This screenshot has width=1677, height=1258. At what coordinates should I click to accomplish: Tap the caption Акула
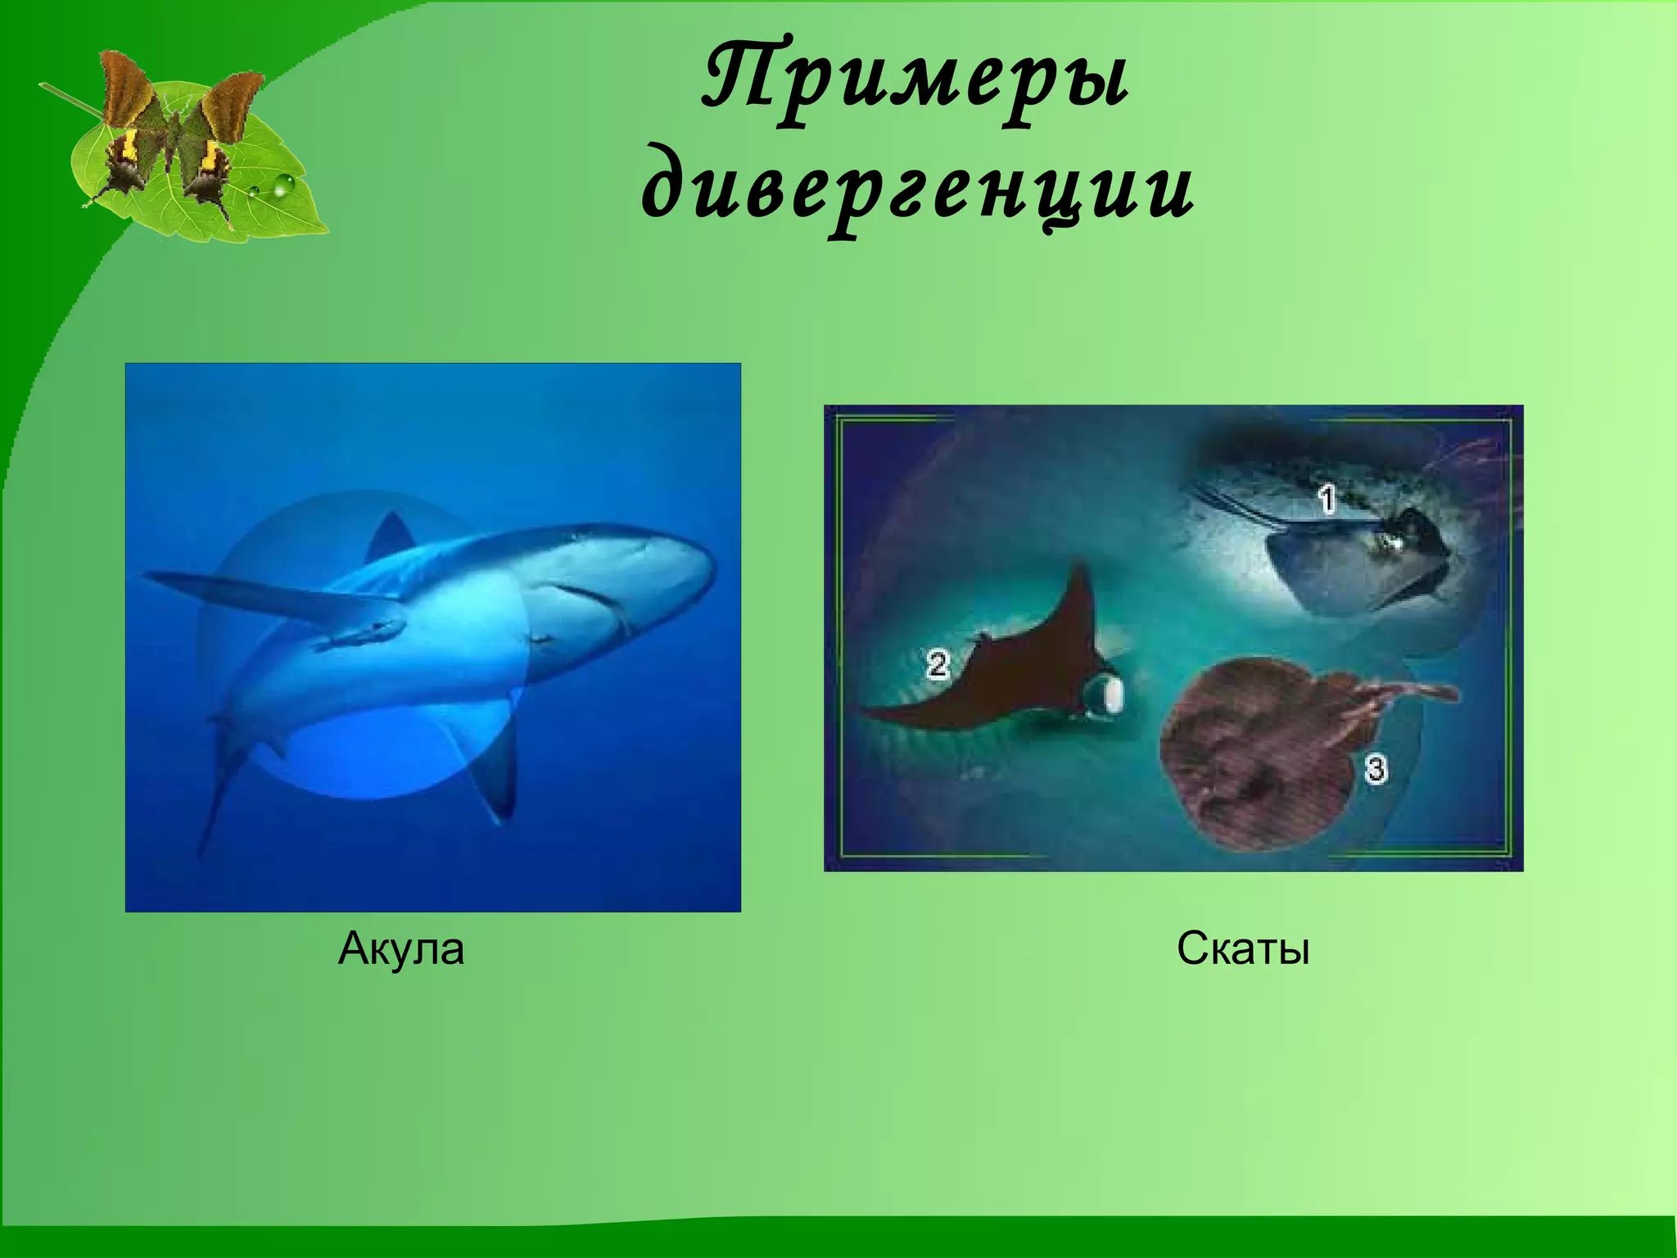point(400,949)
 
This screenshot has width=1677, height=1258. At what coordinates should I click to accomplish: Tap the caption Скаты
point(1243,949)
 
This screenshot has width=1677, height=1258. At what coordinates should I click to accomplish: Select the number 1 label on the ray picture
point(1327,499)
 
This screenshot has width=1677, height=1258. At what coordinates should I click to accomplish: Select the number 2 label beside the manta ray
point(937,664)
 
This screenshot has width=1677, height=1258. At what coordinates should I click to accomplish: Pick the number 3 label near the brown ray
point(1376,769)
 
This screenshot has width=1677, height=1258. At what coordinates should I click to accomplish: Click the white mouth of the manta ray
point(1111,697)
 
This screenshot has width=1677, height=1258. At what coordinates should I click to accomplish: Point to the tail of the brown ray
point(1408,696)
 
